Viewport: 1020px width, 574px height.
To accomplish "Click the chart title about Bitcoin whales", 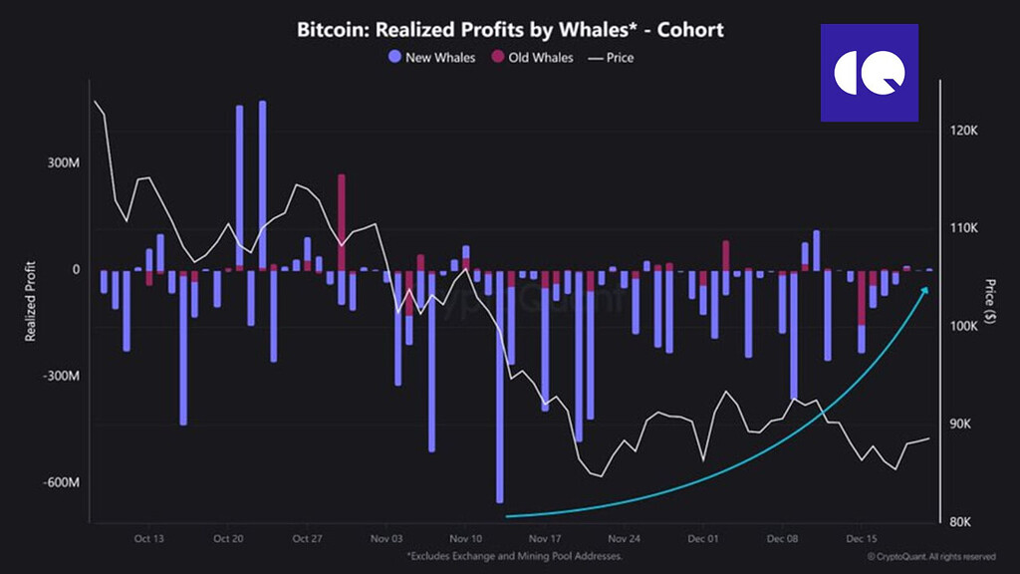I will (509, 29).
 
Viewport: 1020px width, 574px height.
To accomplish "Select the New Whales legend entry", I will (433, 57).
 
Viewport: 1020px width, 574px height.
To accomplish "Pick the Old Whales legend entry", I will (532, 57).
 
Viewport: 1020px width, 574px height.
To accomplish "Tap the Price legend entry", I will (612, 57).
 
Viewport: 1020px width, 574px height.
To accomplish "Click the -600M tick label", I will (61, 483).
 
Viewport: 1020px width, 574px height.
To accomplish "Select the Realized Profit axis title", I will (31, 300).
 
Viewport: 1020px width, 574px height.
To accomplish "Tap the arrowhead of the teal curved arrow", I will (925, 290).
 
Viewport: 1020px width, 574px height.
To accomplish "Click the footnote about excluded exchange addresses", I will (514, 555).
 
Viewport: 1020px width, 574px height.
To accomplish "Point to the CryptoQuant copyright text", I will (930, 555).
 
